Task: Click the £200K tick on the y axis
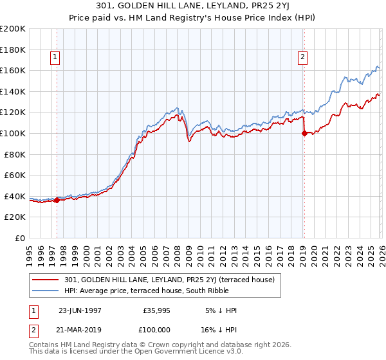coord(13,29)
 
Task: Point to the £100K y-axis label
coord(13,133)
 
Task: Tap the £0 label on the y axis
coord(19,238)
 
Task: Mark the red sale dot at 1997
coord(57,200)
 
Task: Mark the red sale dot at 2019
coord(304,134)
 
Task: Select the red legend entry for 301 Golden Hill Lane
coord(169,280)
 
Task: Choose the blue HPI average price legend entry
coord(164,291)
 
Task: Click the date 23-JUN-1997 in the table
coord(80,310)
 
